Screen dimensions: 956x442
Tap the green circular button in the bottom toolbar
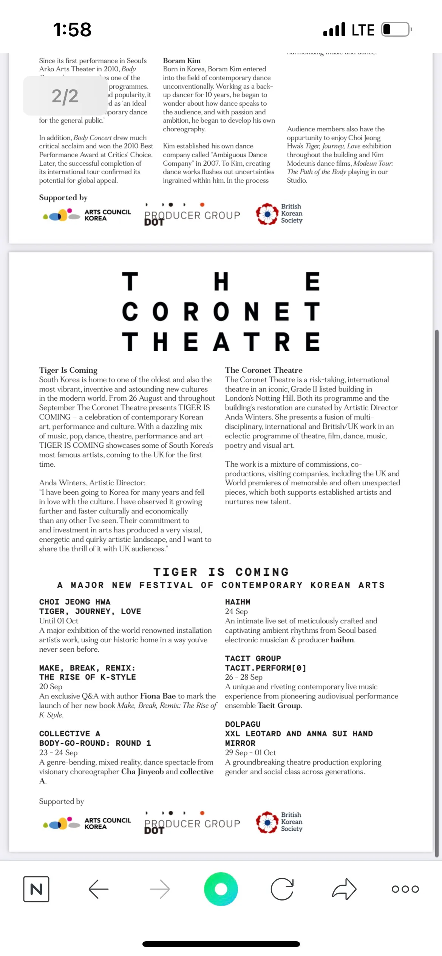click(221, 889)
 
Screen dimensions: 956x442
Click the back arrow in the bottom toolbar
click(99, 889)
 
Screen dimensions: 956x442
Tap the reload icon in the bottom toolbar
click(282, 889)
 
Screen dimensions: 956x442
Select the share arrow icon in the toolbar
click(344, 889)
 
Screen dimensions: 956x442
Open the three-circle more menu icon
click(405, 889)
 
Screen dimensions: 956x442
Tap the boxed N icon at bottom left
click(36, 889)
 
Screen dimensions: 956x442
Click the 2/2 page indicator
click(65, 96)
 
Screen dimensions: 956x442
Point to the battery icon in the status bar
click(396, 29)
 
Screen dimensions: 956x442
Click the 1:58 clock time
click(72, 29)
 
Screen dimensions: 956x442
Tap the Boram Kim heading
click(182, 60)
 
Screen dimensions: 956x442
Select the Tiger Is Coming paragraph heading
click(68, 370)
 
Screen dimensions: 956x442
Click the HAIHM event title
click(238, 602)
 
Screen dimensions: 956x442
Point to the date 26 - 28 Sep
click(244, 677)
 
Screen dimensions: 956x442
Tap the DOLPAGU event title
click(243, 724)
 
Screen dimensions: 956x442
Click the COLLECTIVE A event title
click(70, 734)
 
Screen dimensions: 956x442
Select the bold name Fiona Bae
click(158, 696)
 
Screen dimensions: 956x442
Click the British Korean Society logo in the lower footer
click(280, 822)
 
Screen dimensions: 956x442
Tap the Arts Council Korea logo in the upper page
click(87, 215)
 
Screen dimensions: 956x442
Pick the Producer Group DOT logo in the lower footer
click(192, 822)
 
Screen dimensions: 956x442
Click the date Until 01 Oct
click(59, 621)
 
